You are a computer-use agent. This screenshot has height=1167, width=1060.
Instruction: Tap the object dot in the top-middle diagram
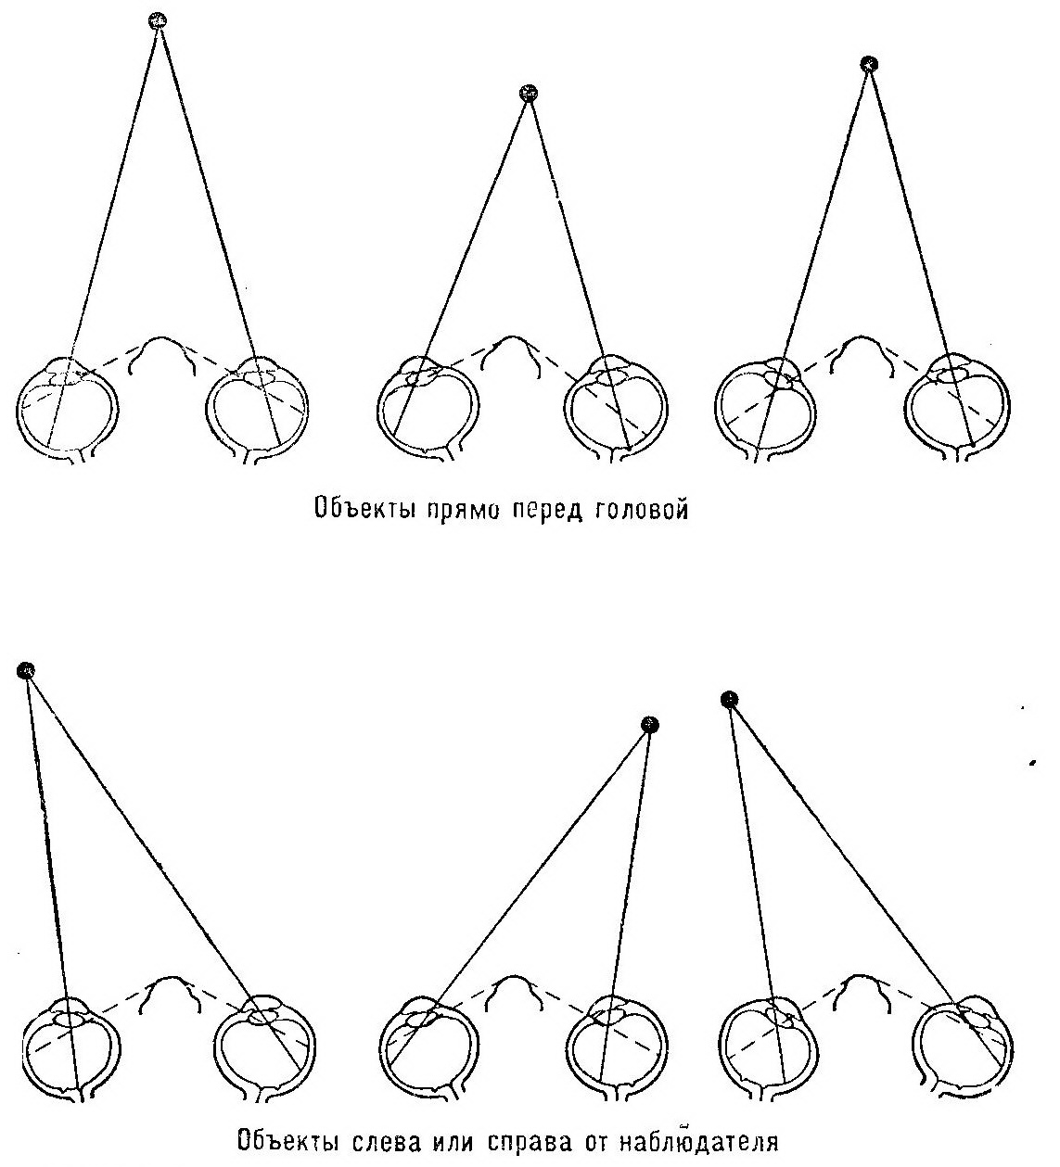(530, 93)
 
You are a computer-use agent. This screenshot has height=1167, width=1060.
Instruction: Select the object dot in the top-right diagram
(869, 63)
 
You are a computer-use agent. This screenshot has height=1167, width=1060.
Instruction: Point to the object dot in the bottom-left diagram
(26, 671)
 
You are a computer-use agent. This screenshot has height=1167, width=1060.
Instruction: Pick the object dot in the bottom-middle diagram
(649, 725)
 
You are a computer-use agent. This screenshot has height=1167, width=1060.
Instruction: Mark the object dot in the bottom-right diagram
(729, 699)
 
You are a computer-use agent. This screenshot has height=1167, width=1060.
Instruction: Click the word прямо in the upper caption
(464, 509)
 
